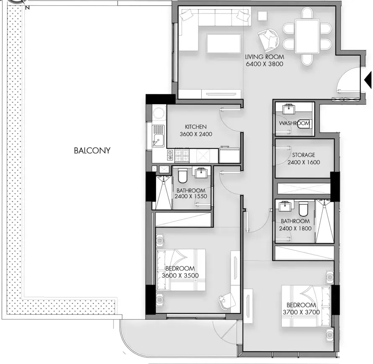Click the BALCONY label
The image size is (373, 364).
pyautogui.click(x=92, y=151)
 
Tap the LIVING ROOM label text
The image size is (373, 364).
pyautogui.click(x=265, y=57)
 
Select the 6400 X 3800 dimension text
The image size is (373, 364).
pyautogui.click(x=265, y=64)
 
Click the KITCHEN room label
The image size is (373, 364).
pyautogui.click(x=196, y=127)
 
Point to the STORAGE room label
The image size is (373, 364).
pyautogui.click(x=304, y=155)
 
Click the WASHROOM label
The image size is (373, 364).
pyautogui.click(x=294, y=123)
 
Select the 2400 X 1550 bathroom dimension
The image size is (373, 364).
pyautogui.click(x=191, y=196)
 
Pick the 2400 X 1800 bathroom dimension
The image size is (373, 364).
pyautogui.click(x=295, y=228)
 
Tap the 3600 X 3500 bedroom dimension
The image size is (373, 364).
pyautogui.click(x=180, y=276)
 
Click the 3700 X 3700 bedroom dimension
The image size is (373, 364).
pyautogui.click(x=301, y=312)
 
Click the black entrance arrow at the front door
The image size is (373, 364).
pyautogui.click(x=368, y=80)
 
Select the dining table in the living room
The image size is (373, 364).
pyautogui.click(x=307, y=36)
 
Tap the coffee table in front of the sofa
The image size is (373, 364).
pyautogui.click(x=224, y=43)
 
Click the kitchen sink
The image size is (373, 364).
pyautogui.click(x=158, y=136)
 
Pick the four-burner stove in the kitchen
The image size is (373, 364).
pyautogui.click(x=182, y=156)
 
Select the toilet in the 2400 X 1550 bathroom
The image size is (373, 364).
pyautogui.click(x=183, y=175)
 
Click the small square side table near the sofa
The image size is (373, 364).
pyautogui.click(x=262, y=16)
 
